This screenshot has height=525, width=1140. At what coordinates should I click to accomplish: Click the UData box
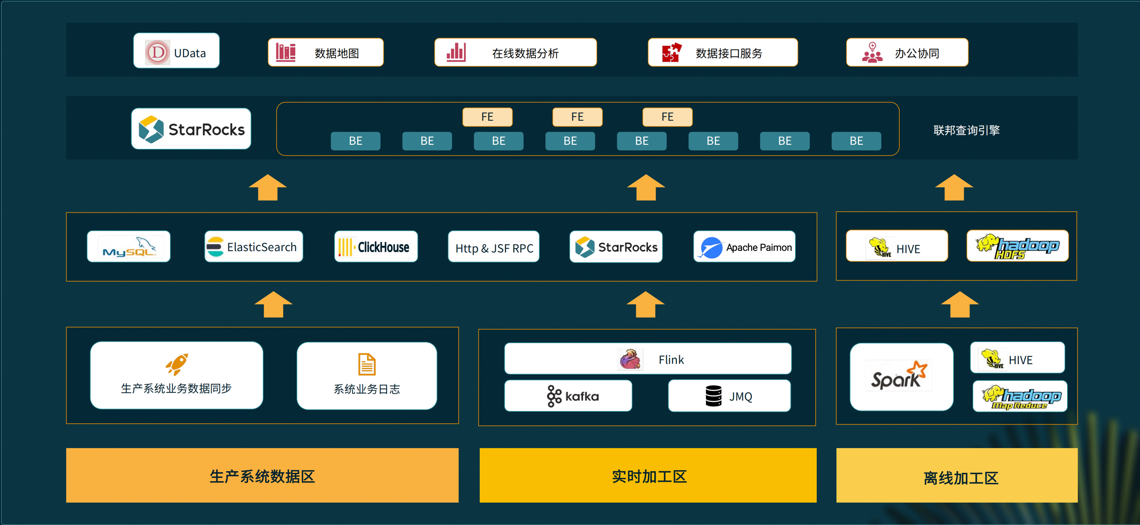(x=176, y=51)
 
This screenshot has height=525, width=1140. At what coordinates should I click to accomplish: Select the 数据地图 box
(x=325, y=52)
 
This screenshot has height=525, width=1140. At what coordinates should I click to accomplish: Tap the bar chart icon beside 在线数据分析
(x=456, y=52)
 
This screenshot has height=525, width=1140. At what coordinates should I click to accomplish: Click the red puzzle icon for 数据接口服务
(x=671, y=52)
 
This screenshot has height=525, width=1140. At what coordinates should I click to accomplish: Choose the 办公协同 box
(x=907, y=52)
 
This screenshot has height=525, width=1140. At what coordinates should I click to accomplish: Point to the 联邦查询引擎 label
(x=966, y=130)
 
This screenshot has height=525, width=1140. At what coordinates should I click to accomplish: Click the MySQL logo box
(x=128, y=247)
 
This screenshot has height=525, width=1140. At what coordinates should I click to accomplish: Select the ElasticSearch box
(x=253, y=247)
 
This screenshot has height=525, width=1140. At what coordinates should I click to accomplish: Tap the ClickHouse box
(x=376, y=247)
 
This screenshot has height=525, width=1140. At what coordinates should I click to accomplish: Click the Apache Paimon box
(x=744, y=247)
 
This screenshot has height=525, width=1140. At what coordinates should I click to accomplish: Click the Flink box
(x=648, y=359)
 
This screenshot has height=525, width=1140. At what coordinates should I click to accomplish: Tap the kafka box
(x=568, y=396)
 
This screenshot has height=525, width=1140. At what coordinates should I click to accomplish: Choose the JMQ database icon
(x=714, y=396)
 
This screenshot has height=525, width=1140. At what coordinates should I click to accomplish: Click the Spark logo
(x=899, y=377)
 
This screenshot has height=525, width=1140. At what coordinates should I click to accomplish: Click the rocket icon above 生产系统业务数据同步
(x=177, y=364)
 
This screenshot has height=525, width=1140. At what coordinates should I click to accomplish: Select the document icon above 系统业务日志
(x=367, y=364)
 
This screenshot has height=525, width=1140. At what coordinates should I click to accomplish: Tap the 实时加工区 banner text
(x=649, y=476)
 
